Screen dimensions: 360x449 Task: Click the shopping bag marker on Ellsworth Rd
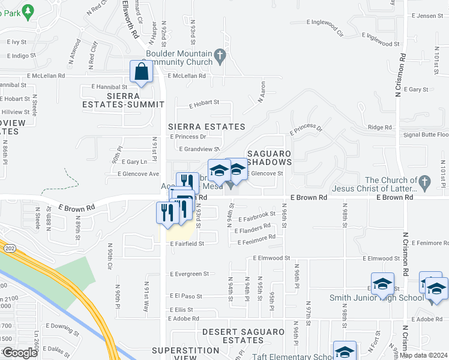coord(140,72)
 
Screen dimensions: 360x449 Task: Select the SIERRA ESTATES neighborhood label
coord(206,127)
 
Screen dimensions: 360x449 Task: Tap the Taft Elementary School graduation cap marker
coord(345,352)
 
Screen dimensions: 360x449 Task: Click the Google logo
coord(20,353)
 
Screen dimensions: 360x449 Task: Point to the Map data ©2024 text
coord(424,355)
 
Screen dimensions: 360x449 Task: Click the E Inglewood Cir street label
coord(325,27)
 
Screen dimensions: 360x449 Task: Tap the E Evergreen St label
coord(189,274)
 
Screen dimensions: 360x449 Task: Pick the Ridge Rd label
coord(379,127)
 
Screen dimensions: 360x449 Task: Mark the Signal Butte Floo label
coord(426,135)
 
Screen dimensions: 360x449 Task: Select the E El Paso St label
coord(188,296)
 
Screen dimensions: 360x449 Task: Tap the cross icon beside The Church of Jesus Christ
coord(424,181)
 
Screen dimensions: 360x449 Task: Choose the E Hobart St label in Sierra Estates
coord(204,103)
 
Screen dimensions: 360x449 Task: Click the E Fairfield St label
coord(187,244)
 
